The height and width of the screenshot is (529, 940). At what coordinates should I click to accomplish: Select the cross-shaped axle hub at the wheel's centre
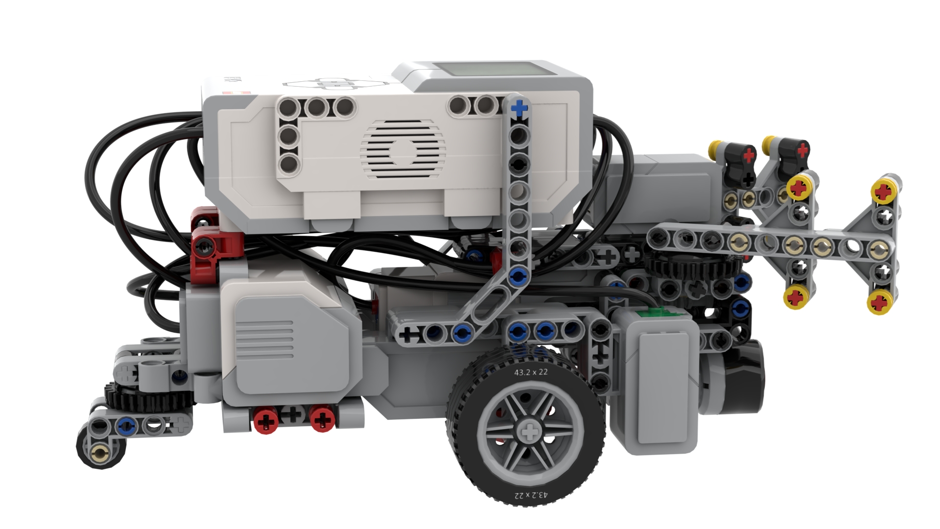point(529,433)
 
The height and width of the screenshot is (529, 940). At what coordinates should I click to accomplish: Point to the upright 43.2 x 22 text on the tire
point(531,372)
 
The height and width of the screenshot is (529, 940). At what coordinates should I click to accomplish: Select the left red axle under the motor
point(266,420)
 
